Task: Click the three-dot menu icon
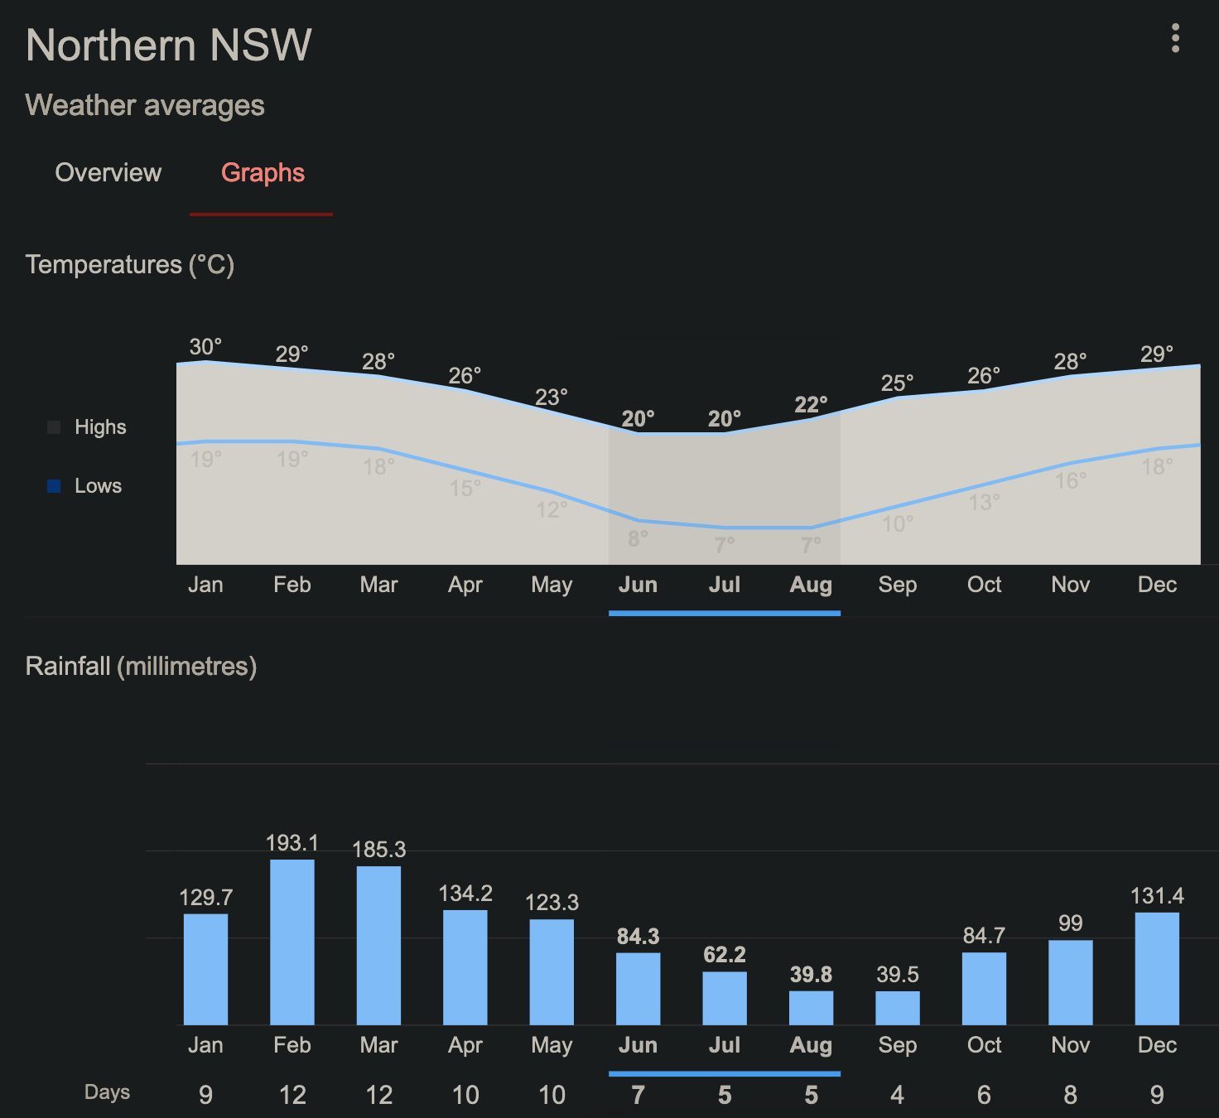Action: pos(1175,38)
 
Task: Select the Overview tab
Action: pos(108,172)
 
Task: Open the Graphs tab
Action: pos(263,172)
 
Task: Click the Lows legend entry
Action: pos(98,486)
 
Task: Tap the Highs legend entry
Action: pos(100,427)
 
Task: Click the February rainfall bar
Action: pos(292,942)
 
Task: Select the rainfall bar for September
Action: pos(898,1008)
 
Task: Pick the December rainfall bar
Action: pos(1157,968)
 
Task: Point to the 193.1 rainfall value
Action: pos(292,843)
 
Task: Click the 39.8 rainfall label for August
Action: pos(811,975)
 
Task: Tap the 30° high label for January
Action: pos(205,347)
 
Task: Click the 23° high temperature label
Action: pos(552,398)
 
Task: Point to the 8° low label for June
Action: pos(638,539)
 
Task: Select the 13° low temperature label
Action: pos(984,503)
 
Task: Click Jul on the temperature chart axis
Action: pos(725,585)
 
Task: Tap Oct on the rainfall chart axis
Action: pos(984,1045)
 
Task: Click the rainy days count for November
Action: pos(1070,1095)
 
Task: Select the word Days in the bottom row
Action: pos(107,1092)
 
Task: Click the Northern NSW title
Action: pos(169,45)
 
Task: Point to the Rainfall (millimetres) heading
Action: pos(142,666)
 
